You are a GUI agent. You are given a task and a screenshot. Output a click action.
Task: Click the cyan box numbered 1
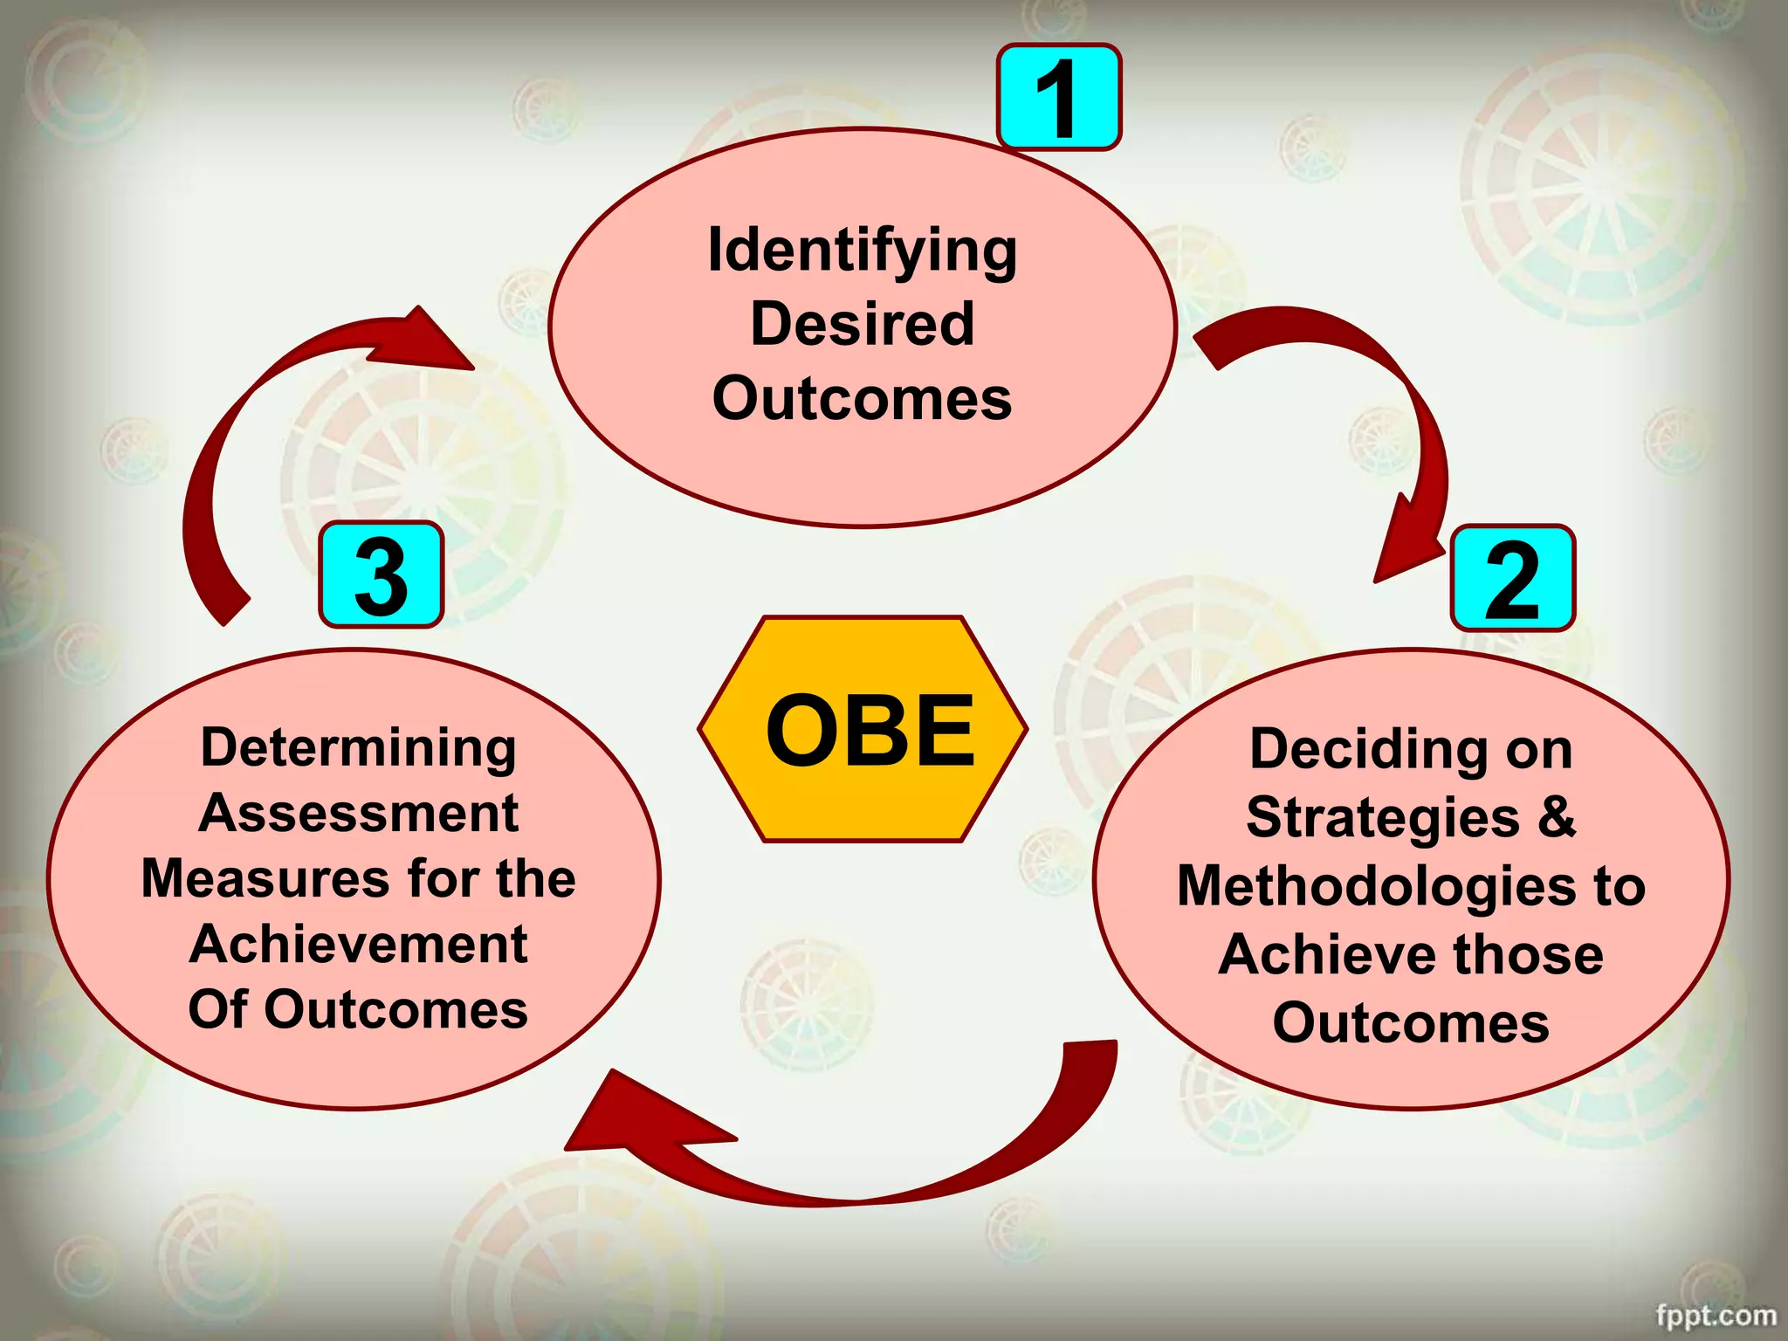pyautogui.click(x=1058, y=97)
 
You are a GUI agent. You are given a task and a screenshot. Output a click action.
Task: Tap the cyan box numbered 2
pyautogui.click(x=1512, y=578)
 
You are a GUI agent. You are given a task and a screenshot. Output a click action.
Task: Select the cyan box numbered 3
pyautogui.click(x=382, y=574)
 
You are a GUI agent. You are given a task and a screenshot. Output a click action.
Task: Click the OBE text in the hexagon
pyautogui.click(x=870, y=730)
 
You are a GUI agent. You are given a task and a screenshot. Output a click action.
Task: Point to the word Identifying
pyautogui.click(x=862, y=251)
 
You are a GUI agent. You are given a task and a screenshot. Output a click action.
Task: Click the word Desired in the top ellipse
pyautogui.click(x=862, y=324)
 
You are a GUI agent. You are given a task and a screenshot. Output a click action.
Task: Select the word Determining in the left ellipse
pyautogui.click(x=358, y=748)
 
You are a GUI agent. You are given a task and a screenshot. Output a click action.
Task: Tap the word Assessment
pyautogui.click(x=358, y=814)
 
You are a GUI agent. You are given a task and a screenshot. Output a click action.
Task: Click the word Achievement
pyautogui.click(x=358, y=945)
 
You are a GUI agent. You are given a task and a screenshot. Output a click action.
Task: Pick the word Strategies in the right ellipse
pyautogui.click(x=1383, y=818)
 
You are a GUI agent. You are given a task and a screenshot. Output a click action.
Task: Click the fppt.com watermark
pyautogui.click(x=1716, y=1315)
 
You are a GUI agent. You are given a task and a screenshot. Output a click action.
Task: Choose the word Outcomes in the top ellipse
pyautogui.click(x=862, y=399)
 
